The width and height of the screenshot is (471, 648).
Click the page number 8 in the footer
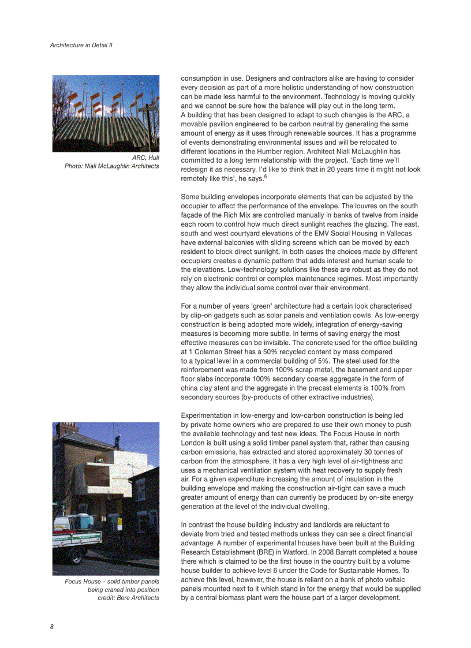(52, 626)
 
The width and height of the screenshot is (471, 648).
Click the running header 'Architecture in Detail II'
(81, 44)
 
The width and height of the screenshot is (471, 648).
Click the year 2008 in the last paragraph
(309, 552)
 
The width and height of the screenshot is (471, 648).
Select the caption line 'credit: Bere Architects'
(128, 597)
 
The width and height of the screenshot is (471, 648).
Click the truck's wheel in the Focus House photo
(76, 556)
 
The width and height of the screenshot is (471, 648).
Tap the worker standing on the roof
(117, 441)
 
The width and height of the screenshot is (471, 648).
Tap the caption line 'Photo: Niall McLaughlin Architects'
(112, 166)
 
